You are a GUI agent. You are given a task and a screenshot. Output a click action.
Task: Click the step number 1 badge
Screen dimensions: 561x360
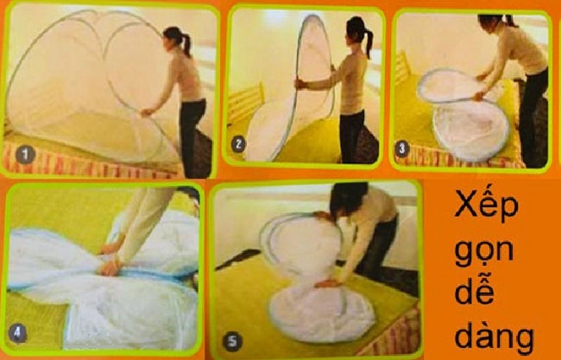click(x=25, y=155)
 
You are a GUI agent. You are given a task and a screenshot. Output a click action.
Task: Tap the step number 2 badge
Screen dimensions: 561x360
click(x=238, y=144)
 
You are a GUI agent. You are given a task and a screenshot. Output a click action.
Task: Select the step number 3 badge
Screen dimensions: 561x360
click(x=401, y=148)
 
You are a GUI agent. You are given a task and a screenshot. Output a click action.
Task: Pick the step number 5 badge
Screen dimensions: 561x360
click(x=232, y=341)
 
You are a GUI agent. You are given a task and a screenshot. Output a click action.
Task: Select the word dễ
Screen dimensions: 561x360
click(x=475, y=290)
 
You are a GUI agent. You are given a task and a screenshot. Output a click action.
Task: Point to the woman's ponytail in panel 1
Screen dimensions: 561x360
click(x=186, y=46)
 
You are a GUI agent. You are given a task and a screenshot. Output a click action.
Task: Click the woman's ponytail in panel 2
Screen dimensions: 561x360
click(x=369, y=43)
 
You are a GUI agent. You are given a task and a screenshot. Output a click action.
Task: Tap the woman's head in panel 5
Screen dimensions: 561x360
click(x=347, y=199)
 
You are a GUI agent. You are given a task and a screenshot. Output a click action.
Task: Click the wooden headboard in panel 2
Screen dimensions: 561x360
click(x=246, y=103)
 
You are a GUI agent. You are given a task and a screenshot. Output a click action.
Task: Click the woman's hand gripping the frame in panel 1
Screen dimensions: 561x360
click(x=147, y=112)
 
